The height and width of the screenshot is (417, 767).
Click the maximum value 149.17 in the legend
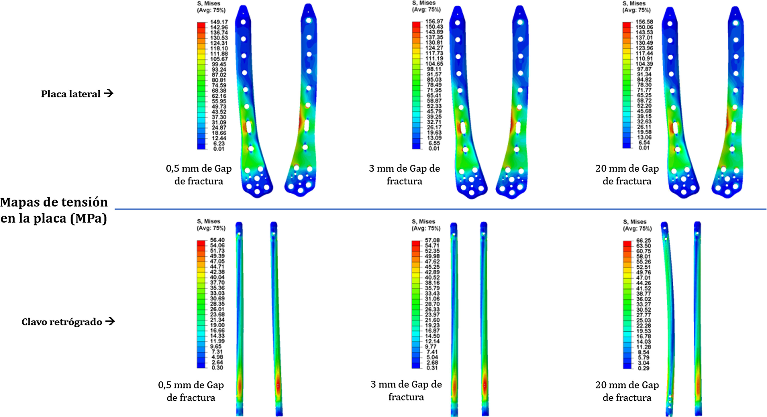[x=219, y=22]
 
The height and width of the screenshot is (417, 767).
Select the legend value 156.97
[x=434, y=21]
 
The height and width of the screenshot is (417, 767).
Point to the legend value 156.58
[x=644, y=22]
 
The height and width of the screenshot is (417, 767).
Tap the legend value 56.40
[x=217, y=240]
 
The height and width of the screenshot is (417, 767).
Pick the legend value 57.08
[x=432, y=240]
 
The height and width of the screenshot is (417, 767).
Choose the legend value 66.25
[x=644, y=241]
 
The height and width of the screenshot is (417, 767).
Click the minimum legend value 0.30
[x=217, y=368]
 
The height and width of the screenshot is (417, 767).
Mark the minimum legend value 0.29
[x=643, y=368]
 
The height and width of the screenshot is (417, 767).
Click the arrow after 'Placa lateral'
[x=108, y=93]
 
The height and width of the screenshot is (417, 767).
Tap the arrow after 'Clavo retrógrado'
[x=110, y=321]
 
